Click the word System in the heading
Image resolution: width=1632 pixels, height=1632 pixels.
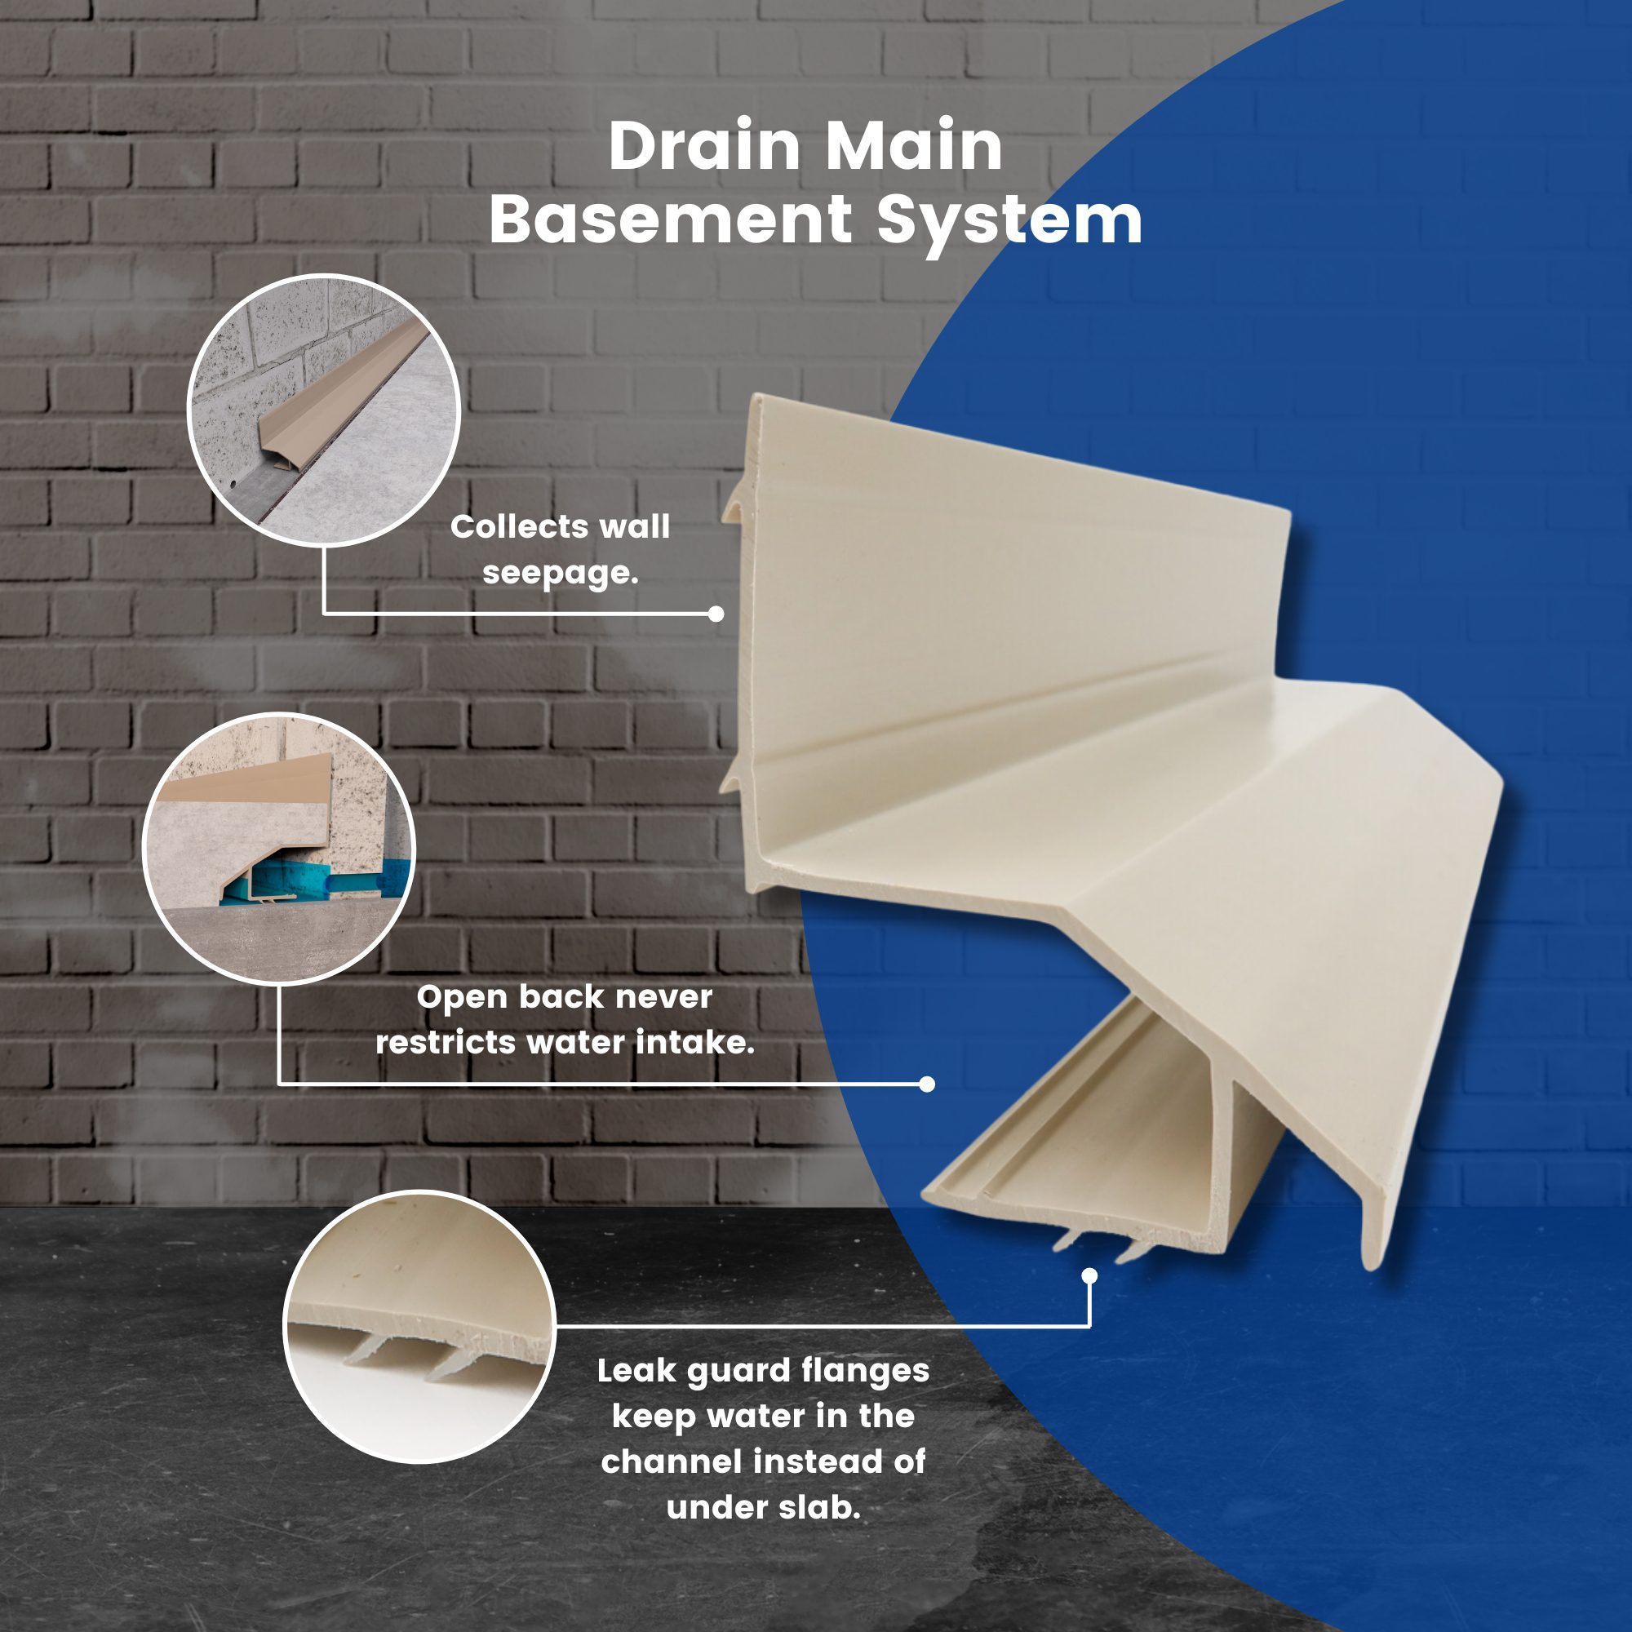click(x=1009, y=224)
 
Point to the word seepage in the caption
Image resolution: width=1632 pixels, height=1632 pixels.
click(x=559, y=574)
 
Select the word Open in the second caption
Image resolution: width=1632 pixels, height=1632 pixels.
click(x=462, y=998)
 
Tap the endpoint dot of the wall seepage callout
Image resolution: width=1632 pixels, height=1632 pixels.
click(x=716, y=614)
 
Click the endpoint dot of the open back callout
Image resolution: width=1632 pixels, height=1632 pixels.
click(x=927, y=1084)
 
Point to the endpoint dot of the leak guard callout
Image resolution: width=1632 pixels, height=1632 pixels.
click(x=1089, y=1275)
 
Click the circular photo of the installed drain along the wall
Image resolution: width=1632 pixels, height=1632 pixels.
click(x=323, y=410)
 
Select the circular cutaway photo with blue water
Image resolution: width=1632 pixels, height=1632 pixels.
click(x=280, y=849)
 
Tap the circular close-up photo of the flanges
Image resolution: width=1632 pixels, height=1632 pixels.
click(x=419, y=1327)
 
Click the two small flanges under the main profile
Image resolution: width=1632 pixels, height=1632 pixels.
click(x=1095, y=1245)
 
